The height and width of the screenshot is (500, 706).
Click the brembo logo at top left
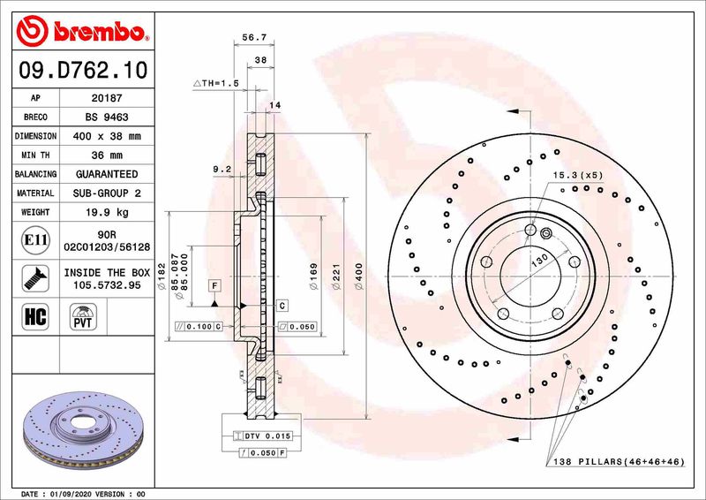pyautogui.click(x=79, y=33)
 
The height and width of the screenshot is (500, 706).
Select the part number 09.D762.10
pyautogui.click(x=79, y=68)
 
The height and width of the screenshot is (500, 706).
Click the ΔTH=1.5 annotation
pyautogui.click(x=215, y=82)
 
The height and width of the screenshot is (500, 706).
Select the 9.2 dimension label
pyautogui.click(x=221, y=169)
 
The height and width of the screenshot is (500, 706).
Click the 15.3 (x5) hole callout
pyautogui.click(x=578, y=176)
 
